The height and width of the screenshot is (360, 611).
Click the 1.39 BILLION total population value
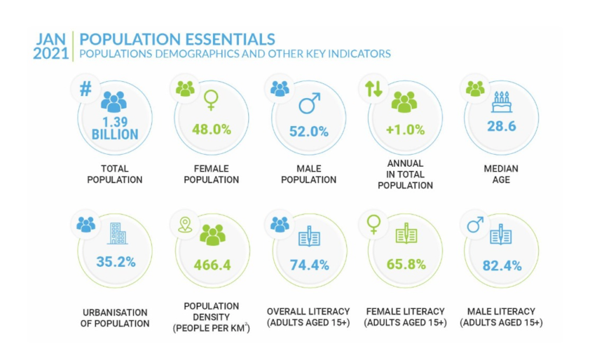(114, 128)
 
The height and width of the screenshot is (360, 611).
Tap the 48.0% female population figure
(210, 130)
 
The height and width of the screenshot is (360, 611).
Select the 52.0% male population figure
(308, 131)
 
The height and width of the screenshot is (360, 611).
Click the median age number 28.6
(501, 125)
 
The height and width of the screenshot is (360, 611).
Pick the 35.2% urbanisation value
(116, 263)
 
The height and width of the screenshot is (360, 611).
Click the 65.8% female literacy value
(406, 264)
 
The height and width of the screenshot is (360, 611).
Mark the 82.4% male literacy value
(502, 265)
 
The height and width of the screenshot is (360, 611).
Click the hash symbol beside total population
(85, 89)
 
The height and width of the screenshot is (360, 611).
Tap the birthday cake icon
(502, 102)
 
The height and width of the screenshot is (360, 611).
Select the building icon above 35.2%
(118, 234)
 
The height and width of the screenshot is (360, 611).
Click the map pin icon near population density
(185, 224)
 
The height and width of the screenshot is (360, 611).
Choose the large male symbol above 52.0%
(309, 104)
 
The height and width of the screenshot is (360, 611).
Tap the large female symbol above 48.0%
(210, 103)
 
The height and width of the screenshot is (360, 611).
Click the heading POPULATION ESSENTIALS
(177, 39)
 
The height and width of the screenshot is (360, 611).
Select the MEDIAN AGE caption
(501, 173)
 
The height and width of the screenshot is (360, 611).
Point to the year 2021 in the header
(50, 53)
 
